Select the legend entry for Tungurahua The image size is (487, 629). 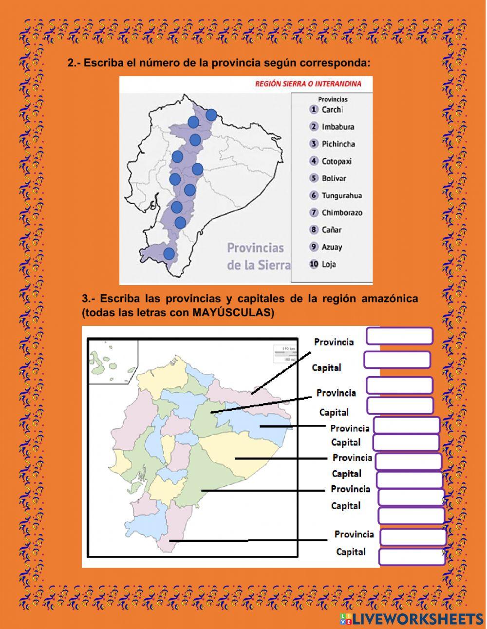[341, 195]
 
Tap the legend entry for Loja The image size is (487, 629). [329, 265]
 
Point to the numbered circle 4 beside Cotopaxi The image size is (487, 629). [314, 161]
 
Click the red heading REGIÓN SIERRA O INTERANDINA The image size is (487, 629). [308, 83]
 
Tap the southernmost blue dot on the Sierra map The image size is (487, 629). [169, 253]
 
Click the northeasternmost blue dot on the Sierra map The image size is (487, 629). [211, 115]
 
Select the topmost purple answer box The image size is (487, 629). [399, 336]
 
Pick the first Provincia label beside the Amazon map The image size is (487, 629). [334, 342]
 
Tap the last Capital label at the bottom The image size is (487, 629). [351, 552]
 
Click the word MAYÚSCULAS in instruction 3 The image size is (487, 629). [233, 313]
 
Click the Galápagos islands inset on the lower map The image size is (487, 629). [112, 361]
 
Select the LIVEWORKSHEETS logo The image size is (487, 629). [412, 619]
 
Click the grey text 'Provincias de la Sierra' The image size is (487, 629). [258, 256]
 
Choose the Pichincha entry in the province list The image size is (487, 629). [338, 144]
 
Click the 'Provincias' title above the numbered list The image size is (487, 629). [333, 99]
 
